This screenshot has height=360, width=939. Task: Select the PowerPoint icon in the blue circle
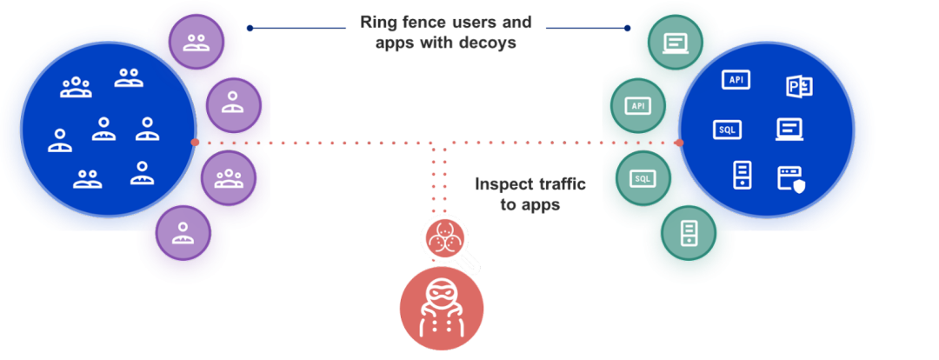(x=799, y=85)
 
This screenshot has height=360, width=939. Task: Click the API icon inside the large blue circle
(x=736, y=80)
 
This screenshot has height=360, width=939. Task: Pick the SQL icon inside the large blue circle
(x=727, y=129)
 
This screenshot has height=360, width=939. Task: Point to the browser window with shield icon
(x=791, y=178)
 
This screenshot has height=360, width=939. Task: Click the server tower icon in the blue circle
(x=742, y=174)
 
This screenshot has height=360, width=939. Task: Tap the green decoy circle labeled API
(x=638, y=105)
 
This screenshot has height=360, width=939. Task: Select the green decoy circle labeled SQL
(x=643, y=178)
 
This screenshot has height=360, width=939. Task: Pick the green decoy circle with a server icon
(x=687, y=232)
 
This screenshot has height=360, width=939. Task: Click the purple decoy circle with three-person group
(x=228, y=178)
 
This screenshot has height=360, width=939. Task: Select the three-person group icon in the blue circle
(x=76, y=86)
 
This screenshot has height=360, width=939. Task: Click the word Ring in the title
(x=378, y=23)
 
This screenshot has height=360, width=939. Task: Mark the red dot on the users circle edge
(x=195, y=142)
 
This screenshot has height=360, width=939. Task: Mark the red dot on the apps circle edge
(x=679, y=142)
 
